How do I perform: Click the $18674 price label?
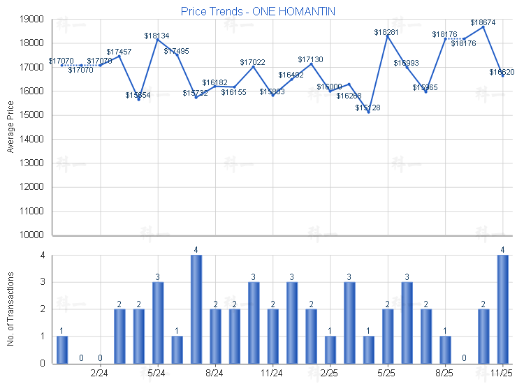pos(483,22)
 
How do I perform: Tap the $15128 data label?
pos(367,108)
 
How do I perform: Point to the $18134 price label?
pos(156,36)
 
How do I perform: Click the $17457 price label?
pos(119,52)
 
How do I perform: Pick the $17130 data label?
pos(310,59)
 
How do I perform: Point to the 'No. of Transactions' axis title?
pos(10,309)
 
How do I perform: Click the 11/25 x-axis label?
pos(502,374)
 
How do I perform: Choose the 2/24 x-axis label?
pos(100,374)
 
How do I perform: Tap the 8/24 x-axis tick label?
pos(215,374)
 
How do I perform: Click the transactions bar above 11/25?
pos(502,309)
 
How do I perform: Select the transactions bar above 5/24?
pos(158,323)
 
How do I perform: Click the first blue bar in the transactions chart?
pos(62,349)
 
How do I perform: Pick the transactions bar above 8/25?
pos(445,349)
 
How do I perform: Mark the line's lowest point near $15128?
pos(368,112)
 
